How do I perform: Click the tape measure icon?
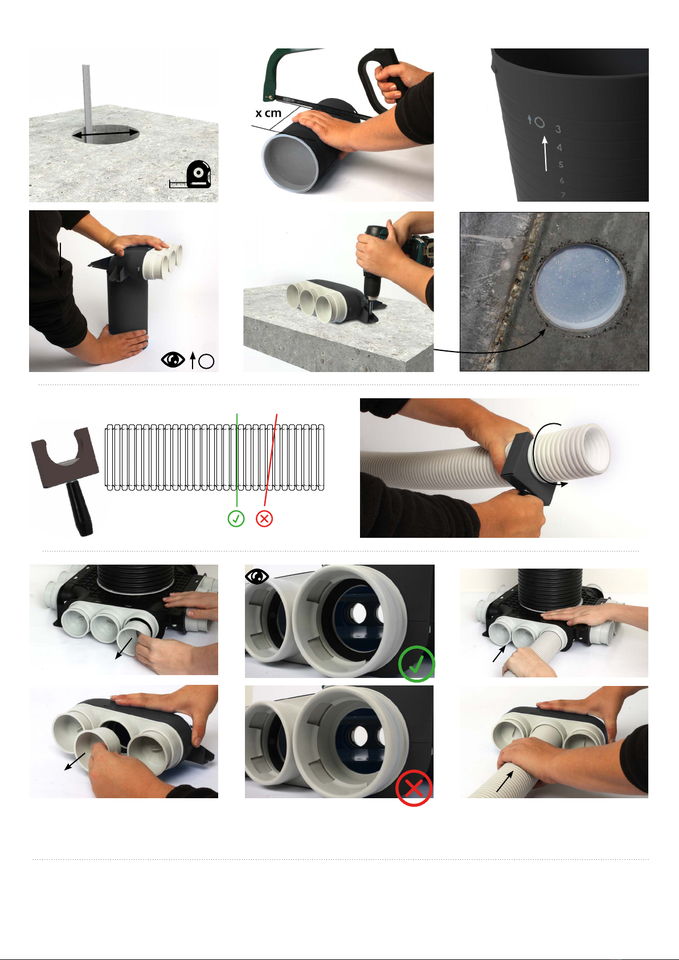[x=191, y=175]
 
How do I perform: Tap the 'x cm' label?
[x=269, y=113]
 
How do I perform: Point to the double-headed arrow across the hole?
[x=106, y=134]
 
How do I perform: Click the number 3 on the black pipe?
[x=558, y=129]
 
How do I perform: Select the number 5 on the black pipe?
[x=561, y=165]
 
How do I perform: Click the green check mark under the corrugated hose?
[x=236, y=518]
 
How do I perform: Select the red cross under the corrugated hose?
[x=264, y=518]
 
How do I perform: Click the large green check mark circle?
[x=416, y=664]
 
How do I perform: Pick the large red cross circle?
[x=414, y=788]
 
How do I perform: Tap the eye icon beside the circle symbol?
[x=173, y=360]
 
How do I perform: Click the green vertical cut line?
[x=237, y=460]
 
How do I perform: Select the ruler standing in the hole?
[x=87, y=99]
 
